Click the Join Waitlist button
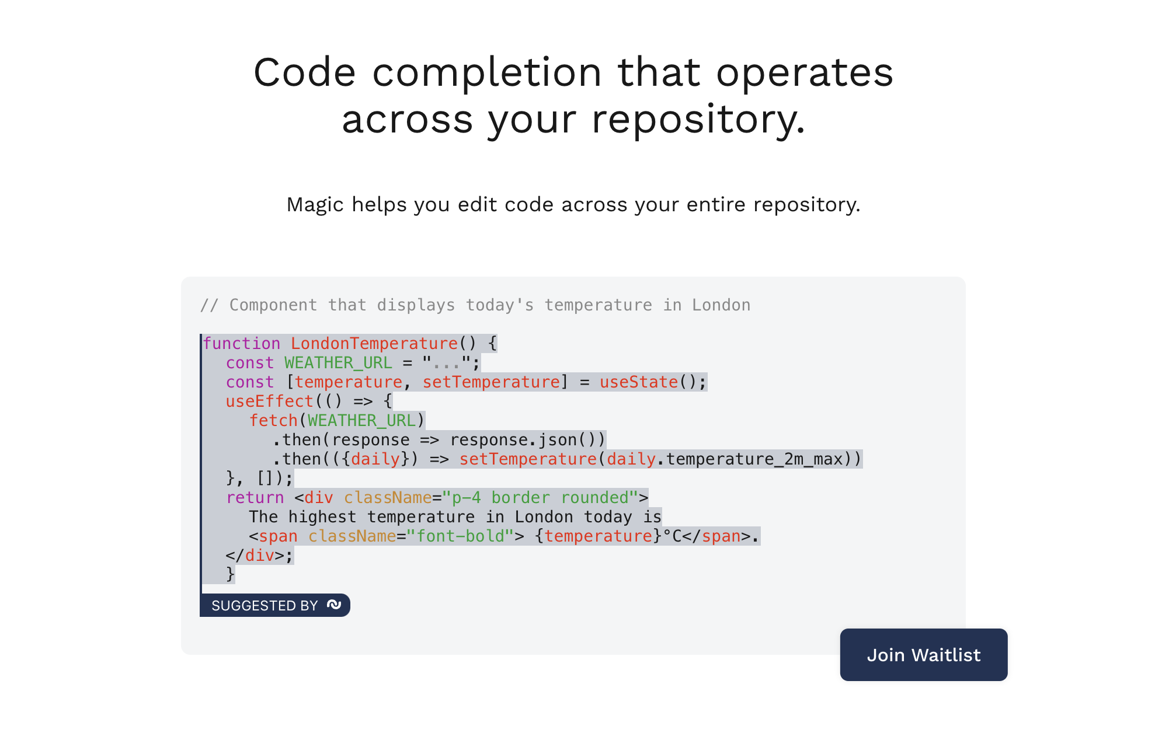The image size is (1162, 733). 923,654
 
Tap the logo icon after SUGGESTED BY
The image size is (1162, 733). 334,605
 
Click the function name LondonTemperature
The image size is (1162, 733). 374,343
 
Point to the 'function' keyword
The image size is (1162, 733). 242,343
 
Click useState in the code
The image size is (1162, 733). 639,382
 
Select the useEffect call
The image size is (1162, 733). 270,401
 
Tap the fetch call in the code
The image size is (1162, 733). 274,420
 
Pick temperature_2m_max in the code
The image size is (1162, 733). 754,459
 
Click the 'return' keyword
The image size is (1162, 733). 255,497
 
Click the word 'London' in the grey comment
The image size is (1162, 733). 721,305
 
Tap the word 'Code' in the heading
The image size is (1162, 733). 304,73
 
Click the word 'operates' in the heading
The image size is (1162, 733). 805,74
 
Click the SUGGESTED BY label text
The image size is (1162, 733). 265,605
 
